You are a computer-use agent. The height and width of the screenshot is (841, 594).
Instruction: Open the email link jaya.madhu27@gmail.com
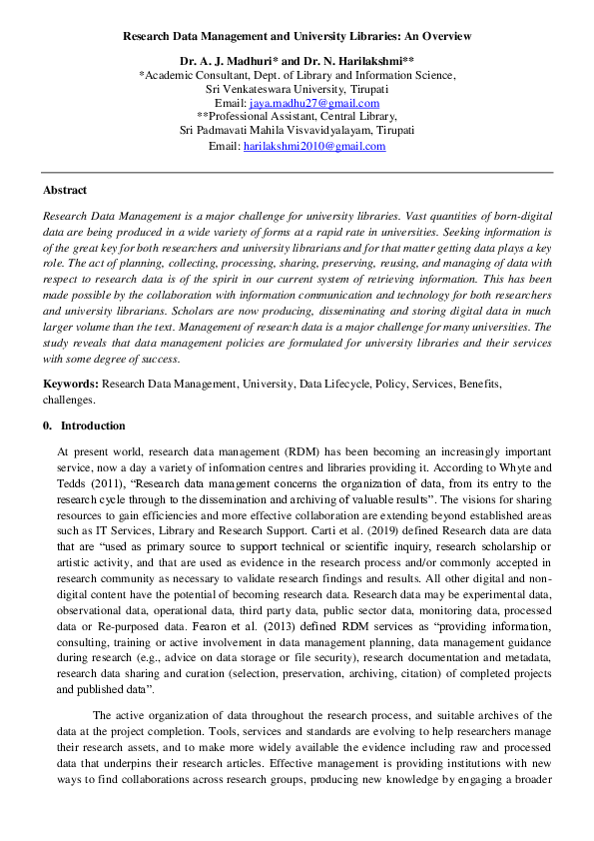tap(314, 103)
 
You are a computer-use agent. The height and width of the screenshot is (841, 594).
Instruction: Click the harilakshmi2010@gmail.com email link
tap(314, 146)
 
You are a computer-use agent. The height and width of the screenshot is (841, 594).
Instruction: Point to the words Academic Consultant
tap(194, 75)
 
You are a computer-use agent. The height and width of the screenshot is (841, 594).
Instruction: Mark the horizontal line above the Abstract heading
tap(297, 172)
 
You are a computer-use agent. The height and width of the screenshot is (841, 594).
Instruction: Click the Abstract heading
tap(65, 190)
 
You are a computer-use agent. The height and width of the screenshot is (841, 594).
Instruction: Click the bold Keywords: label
tap(70, 384)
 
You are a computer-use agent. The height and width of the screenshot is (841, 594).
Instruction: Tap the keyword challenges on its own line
tap(68, 399)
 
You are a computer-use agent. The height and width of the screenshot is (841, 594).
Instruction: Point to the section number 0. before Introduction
tap(47, 425)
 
